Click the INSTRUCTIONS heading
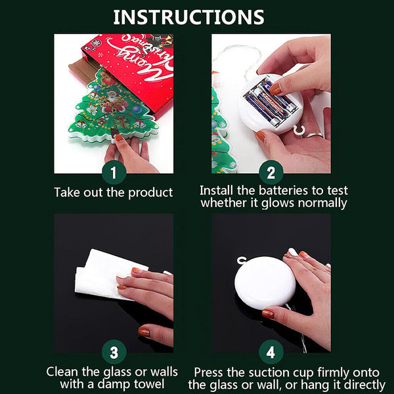188,17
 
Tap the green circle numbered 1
114,173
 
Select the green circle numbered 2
271,173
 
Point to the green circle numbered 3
114,352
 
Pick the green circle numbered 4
271,352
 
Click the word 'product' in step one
150,193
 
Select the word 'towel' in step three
149,384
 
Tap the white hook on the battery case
299,131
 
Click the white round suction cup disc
265,282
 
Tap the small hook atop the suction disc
242,260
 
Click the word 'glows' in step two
277,204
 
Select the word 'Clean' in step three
62,372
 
